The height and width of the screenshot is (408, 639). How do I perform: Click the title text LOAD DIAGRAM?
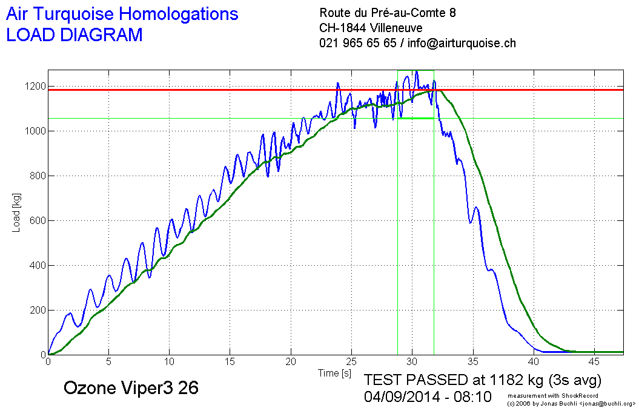74,35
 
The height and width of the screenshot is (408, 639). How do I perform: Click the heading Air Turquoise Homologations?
122,14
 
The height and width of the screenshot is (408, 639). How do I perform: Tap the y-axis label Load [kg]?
16,212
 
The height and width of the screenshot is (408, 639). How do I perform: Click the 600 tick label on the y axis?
38,220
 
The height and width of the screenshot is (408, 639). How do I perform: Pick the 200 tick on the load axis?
38,310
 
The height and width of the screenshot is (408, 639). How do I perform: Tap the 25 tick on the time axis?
351,362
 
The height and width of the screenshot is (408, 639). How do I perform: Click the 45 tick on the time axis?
594,362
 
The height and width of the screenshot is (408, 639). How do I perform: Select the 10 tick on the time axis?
170,362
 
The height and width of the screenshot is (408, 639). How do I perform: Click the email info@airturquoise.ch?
462,44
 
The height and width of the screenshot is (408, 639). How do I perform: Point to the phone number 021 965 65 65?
357,44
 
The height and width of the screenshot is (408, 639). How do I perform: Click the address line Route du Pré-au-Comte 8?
388,13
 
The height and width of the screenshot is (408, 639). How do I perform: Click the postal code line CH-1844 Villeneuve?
371,28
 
